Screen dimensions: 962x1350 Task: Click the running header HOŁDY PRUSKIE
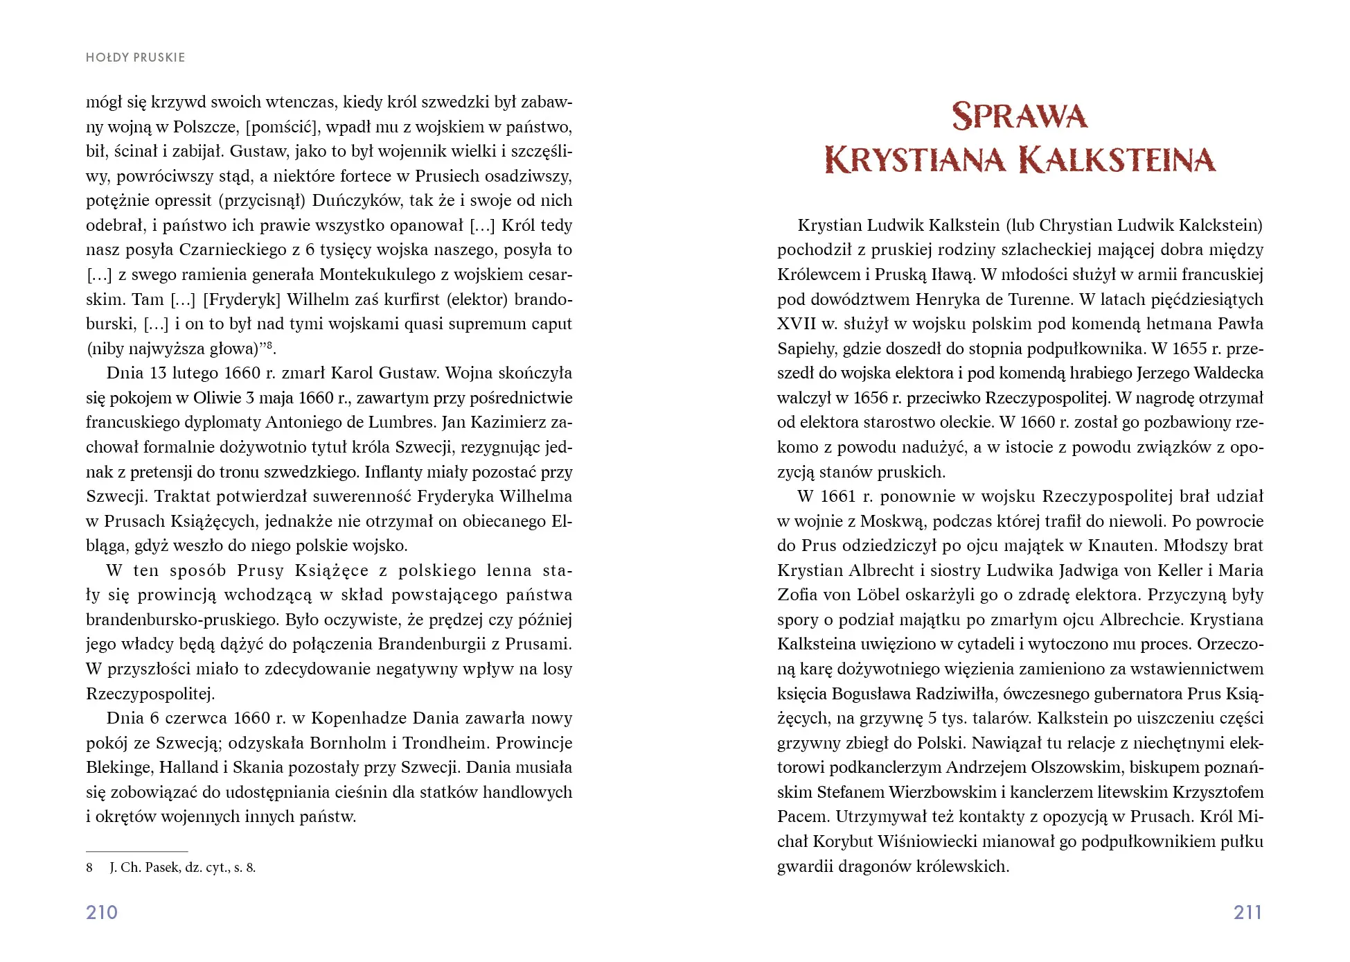135,58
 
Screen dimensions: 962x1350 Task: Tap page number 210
102,912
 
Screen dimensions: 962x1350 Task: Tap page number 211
1247,912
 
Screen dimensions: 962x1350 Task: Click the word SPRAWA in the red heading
1020,116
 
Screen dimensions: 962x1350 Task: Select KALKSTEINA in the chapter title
1118,161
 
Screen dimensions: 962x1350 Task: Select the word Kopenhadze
351,718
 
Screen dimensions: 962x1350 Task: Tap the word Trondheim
446,743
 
